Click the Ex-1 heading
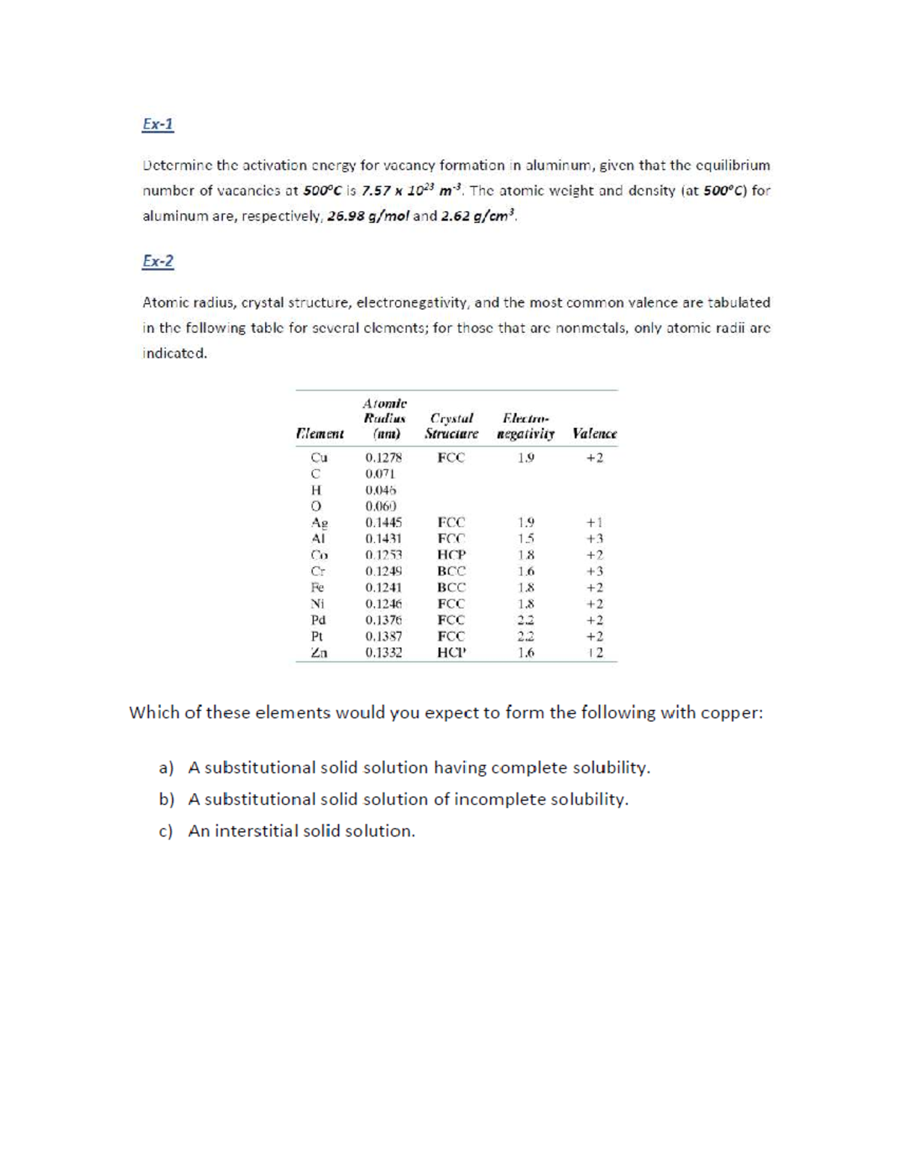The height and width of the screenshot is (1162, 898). [158, 124]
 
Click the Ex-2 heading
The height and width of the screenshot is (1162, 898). [158, 261]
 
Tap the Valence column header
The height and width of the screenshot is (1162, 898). [594, 434]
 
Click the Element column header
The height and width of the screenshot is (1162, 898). [320, 434]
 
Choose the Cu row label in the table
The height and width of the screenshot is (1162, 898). [319, 458]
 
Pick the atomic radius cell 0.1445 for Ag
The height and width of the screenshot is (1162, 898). [383, 523]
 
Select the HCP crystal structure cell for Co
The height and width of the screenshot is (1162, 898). [451, 555]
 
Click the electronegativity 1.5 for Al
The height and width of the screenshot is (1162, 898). [526, 539]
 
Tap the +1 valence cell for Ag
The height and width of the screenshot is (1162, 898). [594, 523]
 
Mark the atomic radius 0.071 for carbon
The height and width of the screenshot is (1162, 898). [379, 474]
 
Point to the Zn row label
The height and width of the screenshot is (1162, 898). [319, 652]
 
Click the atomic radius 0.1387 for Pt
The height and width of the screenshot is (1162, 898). [383, 637]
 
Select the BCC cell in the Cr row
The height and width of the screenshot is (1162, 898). [451, 572]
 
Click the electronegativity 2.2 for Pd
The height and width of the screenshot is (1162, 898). [526, 620]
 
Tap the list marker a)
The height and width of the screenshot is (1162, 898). [166, 768]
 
